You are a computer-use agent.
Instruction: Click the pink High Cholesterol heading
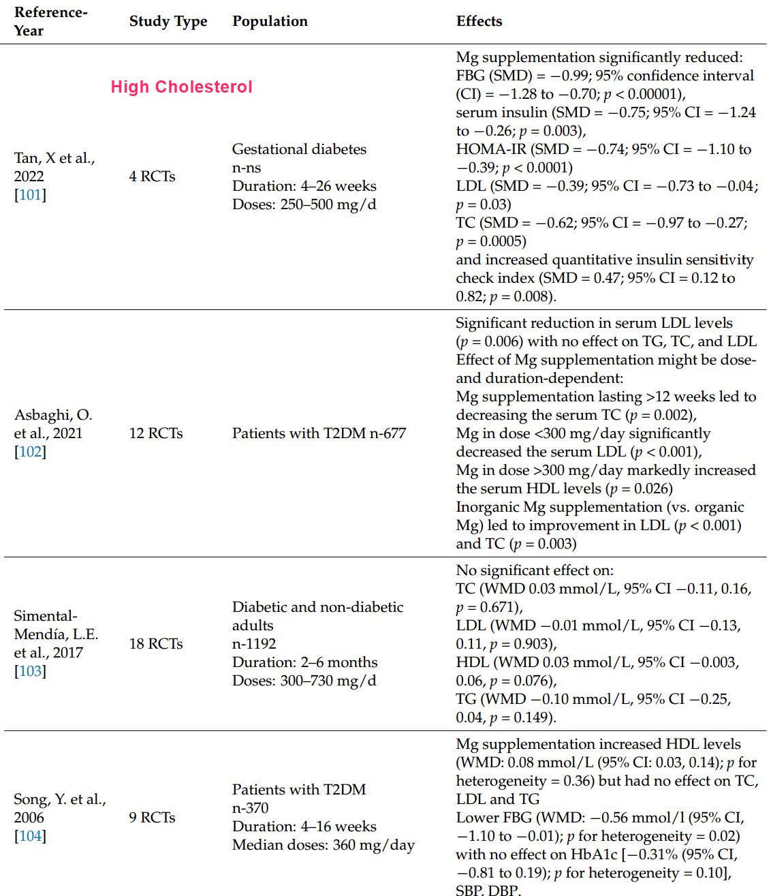tap(181, 87)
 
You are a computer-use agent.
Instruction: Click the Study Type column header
tap(168, 21)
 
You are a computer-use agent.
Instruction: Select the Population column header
tap(270, 21)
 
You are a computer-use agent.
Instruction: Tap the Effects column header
tap(479, 21)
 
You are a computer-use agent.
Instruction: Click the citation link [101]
tap(30, 195)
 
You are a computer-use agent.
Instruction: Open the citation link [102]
tap(30, 452)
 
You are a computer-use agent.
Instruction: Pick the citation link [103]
tap(30, 671)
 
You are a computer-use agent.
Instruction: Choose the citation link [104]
tap(30, 836)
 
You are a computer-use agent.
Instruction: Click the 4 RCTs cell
tap(152, 176)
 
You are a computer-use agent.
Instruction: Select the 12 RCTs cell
tap(156, 433)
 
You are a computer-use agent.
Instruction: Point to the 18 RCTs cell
tap(156, 644)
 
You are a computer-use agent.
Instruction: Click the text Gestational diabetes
tap(299, 149)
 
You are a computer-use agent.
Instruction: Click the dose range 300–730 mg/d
tap(328, 681)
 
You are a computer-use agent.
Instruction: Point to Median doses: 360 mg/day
tap(323, 846)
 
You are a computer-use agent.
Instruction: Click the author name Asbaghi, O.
tap(53, 415)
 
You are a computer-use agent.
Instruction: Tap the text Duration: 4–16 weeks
tap(304, 827)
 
